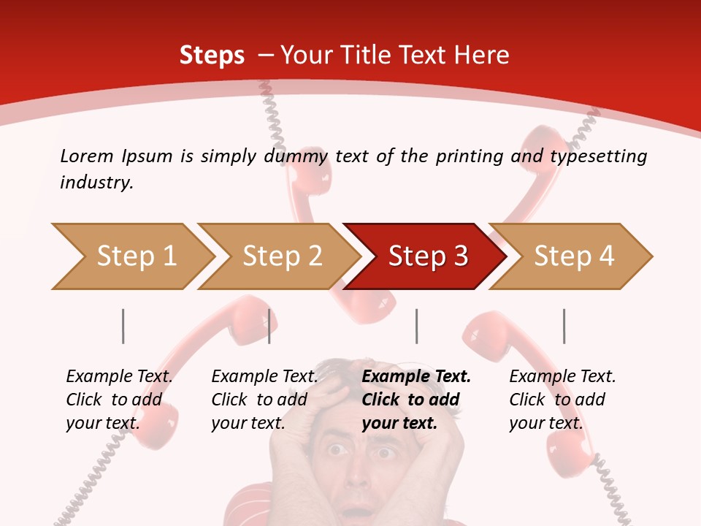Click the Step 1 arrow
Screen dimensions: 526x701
pos(136,256)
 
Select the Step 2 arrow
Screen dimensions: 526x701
pos(282,256)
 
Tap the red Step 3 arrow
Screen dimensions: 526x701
pos(427,256)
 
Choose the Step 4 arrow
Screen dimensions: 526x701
pos(573,256)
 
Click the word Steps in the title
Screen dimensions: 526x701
pos(212,55)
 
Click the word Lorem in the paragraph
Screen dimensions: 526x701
pos(86,156)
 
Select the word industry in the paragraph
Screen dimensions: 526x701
pos(96,183)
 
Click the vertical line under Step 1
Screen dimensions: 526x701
pos(123,326)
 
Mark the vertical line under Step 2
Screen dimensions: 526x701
pos(269,326)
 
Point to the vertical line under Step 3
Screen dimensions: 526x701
pos(416,326)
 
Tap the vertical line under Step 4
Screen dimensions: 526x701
pos(564,326)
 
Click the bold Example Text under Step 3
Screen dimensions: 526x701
pos(416,377)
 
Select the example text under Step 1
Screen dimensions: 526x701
pos(119,400)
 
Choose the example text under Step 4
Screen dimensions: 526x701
pos(562,400)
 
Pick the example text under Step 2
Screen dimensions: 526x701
pos(264,400)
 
